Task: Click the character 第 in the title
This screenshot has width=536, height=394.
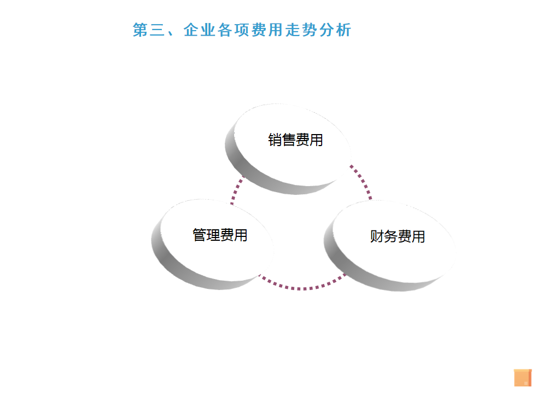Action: tap(141, 30)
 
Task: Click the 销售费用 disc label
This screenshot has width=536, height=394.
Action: tap(295, 140)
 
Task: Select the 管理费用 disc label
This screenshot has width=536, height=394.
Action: tap(220, 235)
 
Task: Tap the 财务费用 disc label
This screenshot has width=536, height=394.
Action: tap(398, 237)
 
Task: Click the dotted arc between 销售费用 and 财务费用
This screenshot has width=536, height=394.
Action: tap(363, 181)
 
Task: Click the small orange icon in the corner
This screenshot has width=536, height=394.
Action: tap(522, 378)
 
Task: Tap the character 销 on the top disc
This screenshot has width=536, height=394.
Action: tap(275, 140)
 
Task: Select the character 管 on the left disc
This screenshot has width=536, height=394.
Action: tap(200, 235)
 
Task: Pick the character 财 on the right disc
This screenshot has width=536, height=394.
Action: tap(377, 237)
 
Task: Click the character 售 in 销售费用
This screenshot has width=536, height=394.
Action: tap(288, 140)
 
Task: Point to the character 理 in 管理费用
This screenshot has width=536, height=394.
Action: tap(213, 235)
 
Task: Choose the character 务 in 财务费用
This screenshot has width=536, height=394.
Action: tap(391, 237)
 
